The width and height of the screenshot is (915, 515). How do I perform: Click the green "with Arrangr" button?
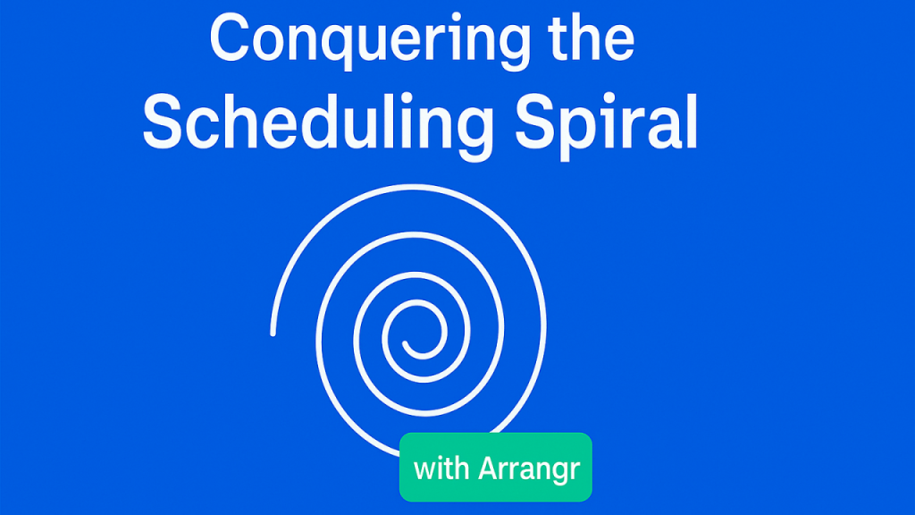coord(496,468)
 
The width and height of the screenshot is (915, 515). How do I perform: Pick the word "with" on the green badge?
coord(442,468)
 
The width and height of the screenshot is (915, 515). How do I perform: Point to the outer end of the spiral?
coord(273,333)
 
